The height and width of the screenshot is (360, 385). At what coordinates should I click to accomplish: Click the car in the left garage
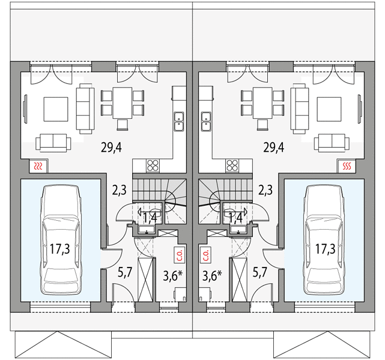(x=61, y=239)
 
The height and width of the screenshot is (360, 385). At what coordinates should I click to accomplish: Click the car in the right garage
(x=324, y=239)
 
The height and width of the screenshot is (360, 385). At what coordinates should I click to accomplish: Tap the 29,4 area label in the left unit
(x=111, y=148)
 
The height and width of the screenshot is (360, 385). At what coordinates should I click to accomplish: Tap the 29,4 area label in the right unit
(x=274, y=148)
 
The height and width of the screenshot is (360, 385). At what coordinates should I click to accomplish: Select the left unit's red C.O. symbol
(x=179, y=255)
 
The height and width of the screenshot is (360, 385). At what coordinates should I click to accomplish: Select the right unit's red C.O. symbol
(x=206, y=255)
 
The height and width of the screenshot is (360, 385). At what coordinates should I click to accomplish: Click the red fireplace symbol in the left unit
(x=38, y=166)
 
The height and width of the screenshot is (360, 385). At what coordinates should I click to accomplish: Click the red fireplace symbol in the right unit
(x=347, y=166)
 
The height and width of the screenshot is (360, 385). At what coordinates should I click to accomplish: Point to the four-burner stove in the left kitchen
(x=153, y=165)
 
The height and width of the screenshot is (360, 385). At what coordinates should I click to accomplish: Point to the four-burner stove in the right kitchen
(x=232, y=165)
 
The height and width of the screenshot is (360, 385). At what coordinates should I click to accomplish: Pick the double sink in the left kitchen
(x=179, y=121)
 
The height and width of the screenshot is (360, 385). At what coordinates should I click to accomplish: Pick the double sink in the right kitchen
(x=206, y=121)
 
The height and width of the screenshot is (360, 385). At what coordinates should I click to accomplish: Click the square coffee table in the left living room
(x=56, y=109)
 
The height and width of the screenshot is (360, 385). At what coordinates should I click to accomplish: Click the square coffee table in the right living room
(x=329, y=109)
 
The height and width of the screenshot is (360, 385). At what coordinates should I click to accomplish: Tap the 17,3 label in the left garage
(x=60, y=249)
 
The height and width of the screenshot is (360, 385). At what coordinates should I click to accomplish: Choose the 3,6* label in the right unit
(x=212, y=275)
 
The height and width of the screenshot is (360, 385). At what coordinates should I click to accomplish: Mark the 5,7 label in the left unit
(x=125, y=272)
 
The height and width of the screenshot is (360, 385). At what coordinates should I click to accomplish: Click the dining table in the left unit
(x=123, y=103)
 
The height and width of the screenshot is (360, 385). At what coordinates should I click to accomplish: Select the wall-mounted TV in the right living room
(x=360, y=108)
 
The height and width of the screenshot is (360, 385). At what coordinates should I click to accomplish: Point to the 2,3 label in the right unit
(x=265, y=190)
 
